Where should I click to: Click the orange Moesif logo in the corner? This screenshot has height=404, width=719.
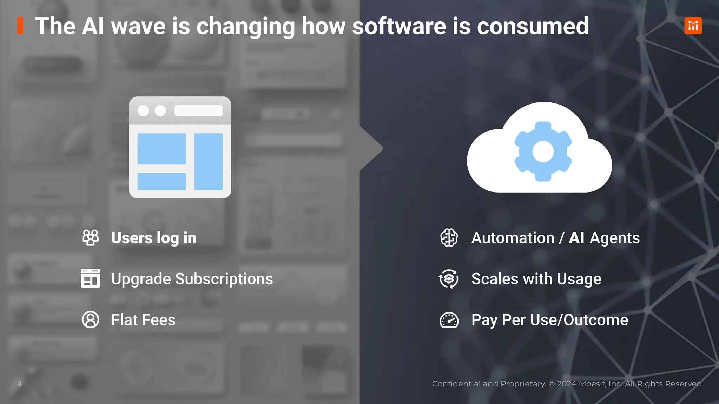pos(693,26)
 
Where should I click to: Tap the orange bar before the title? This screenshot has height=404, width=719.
pos(20,26)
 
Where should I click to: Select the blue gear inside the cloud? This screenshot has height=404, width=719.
pos(543,151)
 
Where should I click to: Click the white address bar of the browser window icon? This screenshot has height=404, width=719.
pos(198,110)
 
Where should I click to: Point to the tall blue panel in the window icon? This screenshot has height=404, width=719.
pos(209,161)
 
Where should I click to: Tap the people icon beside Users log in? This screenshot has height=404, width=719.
pos(90,238)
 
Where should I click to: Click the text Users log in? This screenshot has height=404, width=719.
pos(153,238)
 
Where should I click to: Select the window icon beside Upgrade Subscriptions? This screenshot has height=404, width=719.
pos(90,278)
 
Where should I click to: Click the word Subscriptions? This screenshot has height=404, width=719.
pos(224,279)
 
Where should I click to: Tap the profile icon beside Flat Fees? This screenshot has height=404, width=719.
pos(90,319)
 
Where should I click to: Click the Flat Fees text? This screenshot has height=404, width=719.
pos(143,320)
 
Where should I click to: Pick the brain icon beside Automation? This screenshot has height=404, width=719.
pos(449,238)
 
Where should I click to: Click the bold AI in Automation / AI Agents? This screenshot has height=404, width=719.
pos(576,238)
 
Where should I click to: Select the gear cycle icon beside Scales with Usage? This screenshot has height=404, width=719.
pos(449,279)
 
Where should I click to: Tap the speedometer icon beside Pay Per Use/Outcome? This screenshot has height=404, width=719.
pos(449,320)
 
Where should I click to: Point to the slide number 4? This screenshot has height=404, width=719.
pos(20,384)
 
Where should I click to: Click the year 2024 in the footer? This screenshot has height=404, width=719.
pos(566,384)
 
